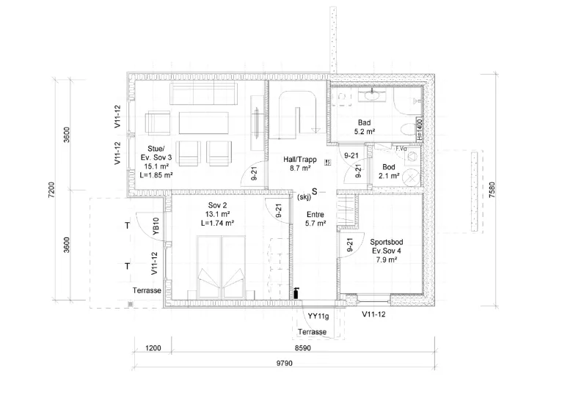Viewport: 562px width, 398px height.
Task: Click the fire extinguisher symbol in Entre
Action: pos(296,293)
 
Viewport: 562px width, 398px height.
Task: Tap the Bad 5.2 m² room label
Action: pos(365,127)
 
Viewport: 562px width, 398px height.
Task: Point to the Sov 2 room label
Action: pos(218,214)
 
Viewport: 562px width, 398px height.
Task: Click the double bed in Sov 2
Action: pos(221,268)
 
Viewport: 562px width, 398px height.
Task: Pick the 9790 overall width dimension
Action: pos(284,364)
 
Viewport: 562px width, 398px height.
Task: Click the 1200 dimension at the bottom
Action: pos(153,347)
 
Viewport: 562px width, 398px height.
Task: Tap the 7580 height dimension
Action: pos(492,190)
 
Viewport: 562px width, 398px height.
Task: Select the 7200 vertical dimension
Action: pos(51,190)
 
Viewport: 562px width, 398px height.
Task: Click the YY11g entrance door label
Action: pos(318,316)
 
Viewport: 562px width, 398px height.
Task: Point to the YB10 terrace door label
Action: pos(156,226)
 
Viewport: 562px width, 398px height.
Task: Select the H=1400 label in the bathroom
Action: pos(420,130)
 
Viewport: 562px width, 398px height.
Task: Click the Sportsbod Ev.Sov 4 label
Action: pos(387,251)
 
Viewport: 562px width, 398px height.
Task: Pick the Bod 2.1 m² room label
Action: pos(389,171)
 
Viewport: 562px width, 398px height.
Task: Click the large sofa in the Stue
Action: pos(203,93)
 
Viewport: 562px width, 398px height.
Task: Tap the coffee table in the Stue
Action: pos(203,122)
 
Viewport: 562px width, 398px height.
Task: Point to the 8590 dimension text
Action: pos(302,347)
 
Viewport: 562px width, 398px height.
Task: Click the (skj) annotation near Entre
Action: pos(304,196)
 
